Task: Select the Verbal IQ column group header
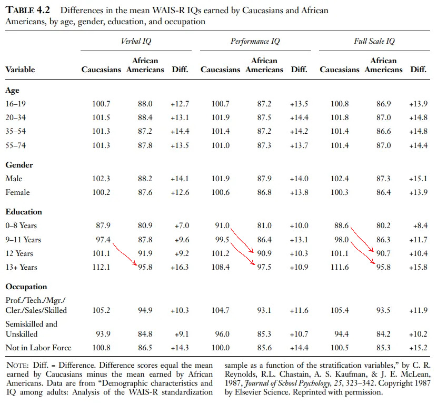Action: click(138, 41)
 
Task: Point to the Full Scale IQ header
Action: click(374, 41)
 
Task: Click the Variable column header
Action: click(20, 70)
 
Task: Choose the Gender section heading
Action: click(19, 165)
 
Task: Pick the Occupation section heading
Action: click(26, 287)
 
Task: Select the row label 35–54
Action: click(16, 131)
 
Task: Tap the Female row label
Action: click(17, 192)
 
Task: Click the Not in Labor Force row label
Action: click(38, 348)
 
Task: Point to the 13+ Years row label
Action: click(21, 267)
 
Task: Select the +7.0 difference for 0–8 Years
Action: click(181, 226)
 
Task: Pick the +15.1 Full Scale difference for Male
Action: click(418, 179)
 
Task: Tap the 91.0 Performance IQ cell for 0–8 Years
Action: click(221, 226)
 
